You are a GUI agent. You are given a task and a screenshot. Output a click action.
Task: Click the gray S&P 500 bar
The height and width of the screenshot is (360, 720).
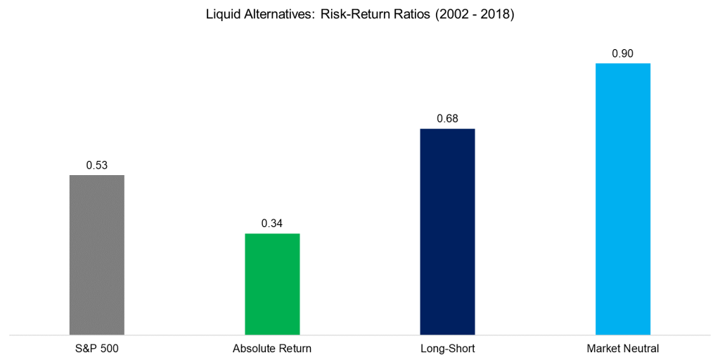[x=97, y=255]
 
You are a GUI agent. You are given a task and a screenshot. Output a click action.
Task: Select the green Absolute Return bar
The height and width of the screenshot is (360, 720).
[x=272, y=283]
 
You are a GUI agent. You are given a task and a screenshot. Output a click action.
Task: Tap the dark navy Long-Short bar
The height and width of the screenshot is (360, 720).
[x=447, y=231]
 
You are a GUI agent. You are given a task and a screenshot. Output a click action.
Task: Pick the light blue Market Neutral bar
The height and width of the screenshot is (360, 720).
[x=623, y=198]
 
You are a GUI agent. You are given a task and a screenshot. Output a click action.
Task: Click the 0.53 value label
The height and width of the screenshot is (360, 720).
[x=96, y=165]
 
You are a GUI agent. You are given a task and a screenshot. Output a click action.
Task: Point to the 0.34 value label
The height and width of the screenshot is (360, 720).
[x=272, y=224]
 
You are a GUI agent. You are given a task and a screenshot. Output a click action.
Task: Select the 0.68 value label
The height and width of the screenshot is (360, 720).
[x=447, y=119]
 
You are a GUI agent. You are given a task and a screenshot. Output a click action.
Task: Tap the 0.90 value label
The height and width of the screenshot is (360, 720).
[x=623, y=53]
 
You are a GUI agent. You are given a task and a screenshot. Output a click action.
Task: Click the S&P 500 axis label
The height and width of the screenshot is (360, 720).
[x=97, y=348]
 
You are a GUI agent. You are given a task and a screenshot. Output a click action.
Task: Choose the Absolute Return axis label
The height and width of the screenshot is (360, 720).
[x=272, y=348]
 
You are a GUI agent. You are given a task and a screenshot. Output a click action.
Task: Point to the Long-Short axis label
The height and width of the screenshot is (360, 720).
[x=447, y=348]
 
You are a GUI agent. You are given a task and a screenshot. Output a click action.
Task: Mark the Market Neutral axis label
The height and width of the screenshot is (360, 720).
[x=623, y=348]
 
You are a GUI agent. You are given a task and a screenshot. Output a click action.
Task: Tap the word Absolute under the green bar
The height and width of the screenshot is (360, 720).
[x=255, y=348]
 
